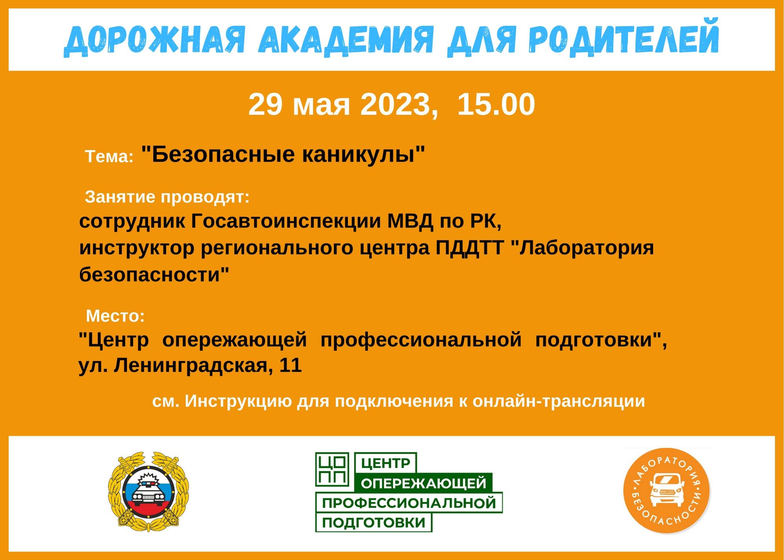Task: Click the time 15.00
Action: (x=496, y=104)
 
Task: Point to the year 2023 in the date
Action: (x=395, y=104)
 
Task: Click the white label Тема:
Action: (x=109, y=156)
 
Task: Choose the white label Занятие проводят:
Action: (x=167, y=197)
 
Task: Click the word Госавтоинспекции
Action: (x=286, y=221)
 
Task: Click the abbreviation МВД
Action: (x=410, y=221)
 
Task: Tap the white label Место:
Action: (x=115, y=316)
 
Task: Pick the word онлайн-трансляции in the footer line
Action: (x=559, y=401)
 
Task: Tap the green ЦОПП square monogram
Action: (x=332, y=469)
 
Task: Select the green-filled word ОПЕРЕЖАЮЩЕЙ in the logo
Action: (x=423, y=483)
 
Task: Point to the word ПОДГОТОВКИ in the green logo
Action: (x=374, y=523)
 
